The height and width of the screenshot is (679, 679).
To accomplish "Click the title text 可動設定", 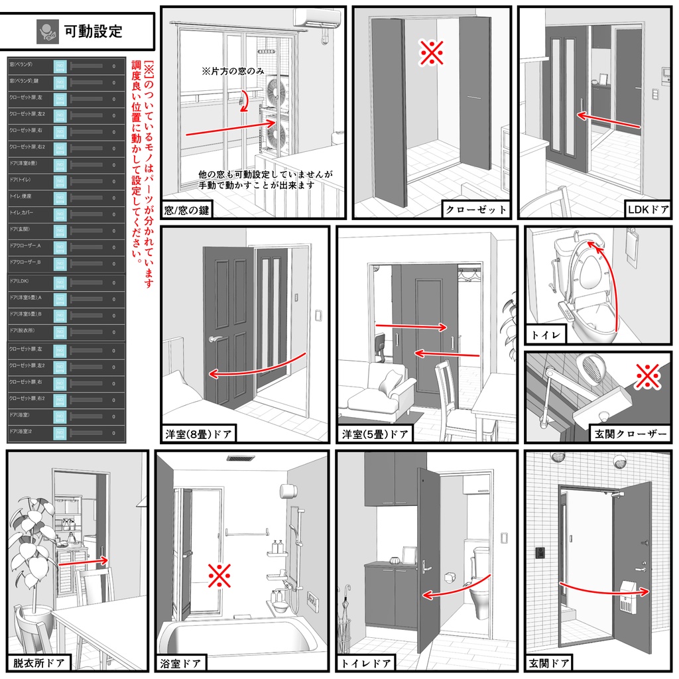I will click(93, 31).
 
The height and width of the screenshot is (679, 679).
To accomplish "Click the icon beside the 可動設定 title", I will click(48, 31).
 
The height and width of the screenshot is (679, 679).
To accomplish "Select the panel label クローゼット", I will click(476, 210).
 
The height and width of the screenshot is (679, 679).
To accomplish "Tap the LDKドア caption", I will click(647, 210).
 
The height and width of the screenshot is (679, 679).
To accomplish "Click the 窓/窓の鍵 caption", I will click(188, 210).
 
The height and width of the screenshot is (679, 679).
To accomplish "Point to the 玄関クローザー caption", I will click(629, 434).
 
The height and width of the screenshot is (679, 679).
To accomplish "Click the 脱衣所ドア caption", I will click(38, 662).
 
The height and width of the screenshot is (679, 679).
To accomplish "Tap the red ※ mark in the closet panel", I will click(432, 52).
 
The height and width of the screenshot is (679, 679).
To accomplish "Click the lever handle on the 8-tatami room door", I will click(216, 339).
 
